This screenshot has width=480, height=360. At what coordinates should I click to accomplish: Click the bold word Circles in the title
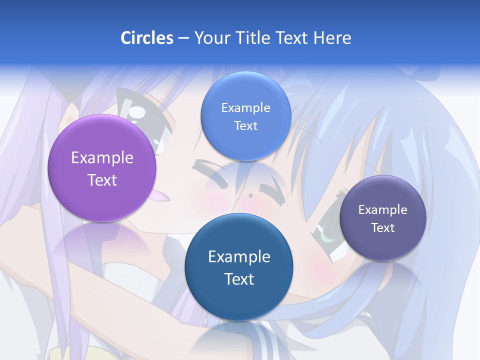coord(147,38)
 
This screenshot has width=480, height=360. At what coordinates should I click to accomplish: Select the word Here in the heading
coord(332,38)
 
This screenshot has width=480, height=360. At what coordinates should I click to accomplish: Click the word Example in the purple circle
coord(102,158)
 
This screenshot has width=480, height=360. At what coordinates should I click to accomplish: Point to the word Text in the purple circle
coord(102,180)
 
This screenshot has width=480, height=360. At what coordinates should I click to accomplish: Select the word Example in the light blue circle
coord(245,108)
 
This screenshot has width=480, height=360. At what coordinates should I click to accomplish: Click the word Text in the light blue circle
coord(245,125)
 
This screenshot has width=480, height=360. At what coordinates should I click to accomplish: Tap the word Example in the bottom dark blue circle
coord(239,257)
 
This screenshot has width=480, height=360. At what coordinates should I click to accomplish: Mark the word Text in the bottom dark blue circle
coord(239,279)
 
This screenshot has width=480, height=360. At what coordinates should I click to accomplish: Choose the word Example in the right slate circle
coord(383,210)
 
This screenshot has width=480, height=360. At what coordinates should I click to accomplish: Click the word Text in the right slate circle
coord(383,228)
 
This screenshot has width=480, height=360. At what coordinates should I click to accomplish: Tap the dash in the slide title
coord(183,38)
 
